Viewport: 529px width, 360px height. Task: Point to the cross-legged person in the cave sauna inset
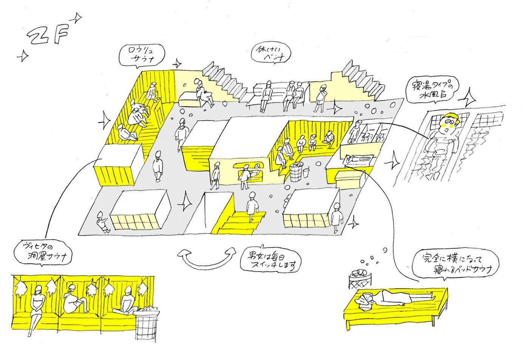pyautogui.click(x=128, y=303)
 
